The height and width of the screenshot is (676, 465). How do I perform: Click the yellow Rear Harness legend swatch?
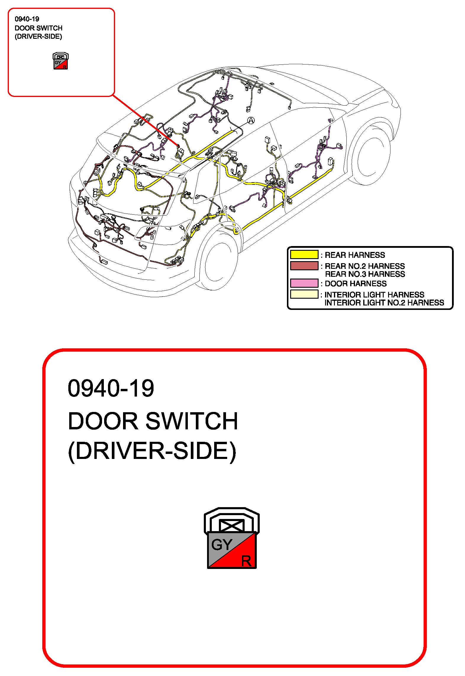tap(304, 255)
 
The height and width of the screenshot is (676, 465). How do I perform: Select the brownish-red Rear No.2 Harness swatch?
tap(304, 266)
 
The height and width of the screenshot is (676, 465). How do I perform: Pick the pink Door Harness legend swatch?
tap(304, 283)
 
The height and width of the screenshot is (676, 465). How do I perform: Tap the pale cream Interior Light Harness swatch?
tap(304, 294)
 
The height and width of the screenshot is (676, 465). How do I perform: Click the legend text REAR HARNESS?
tap(355, 255)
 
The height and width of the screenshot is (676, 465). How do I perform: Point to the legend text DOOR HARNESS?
tap(356, 284)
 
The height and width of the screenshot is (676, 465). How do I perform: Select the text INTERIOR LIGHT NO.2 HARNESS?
tap(384, 303)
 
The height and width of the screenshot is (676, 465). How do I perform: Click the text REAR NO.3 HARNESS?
tap(365, 274)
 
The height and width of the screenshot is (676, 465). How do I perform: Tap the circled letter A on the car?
tap(251, 120)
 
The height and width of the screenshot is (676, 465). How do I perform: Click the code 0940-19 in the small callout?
tap(27, 19)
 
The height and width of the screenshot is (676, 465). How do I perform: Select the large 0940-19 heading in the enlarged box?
tap(111, 388)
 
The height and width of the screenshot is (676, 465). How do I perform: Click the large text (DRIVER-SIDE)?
tap(152, 451)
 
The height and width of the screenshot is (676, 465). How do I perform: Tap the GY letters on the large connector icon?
tap(222, 544)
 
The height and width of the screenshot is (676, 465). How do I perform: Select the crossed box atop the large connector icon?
tap(232, 525)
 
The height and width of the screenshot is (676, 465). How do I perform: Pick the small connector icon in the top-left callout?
tap(61, 61)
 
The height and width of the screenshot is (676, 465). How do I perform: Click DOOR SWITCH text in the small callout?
tap(38, 28)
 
